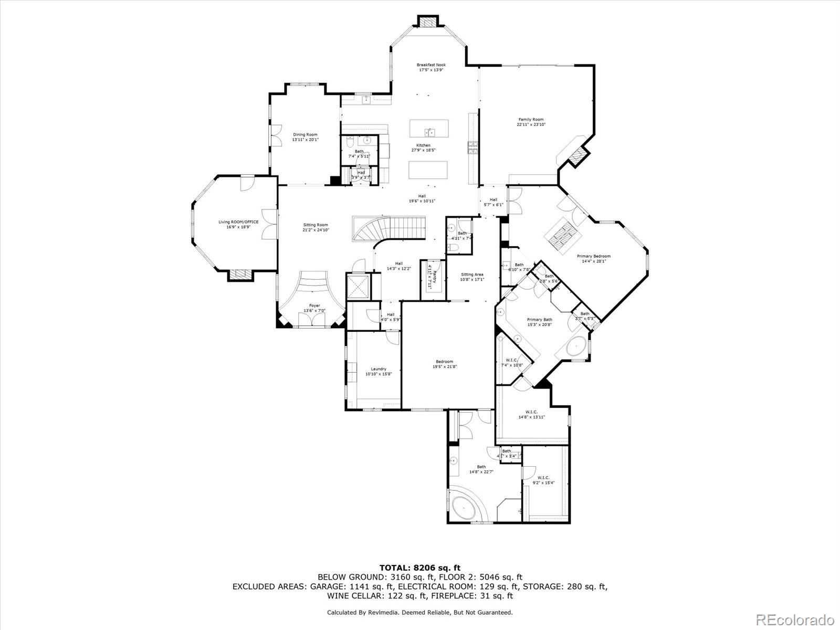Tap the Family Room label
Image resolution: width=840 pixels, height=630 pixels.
click(x=531, y=122)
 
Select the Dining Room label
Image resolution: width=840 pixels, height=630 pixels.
click(x=305, y=137)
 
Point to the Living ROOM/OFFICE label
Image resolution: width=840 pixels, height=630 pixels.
click(x=238, y=224)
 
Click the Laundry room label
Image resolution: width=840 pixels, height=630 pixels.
click(x=378, y=371)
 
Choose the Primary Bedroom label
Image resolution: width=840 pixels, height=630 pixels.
click(x=594, y=258)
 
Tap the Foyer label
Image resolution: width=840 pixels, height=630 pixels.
click(x=314, y=308)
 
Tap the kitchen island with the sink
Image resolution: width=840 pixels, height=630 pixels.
click(x=429, y=128)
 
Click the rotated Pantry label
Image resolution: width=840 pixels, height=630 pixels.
click(x=430, y=277)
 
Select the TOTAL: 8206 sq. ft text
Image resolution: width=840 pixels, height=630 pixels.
click(x=419, y=568)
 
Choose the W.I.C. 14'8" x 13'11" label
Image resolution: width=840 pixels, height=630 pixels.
click(x=531, y=415)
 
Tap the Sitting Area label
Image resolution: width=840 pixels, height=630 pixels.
click(x=472, y=277)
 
